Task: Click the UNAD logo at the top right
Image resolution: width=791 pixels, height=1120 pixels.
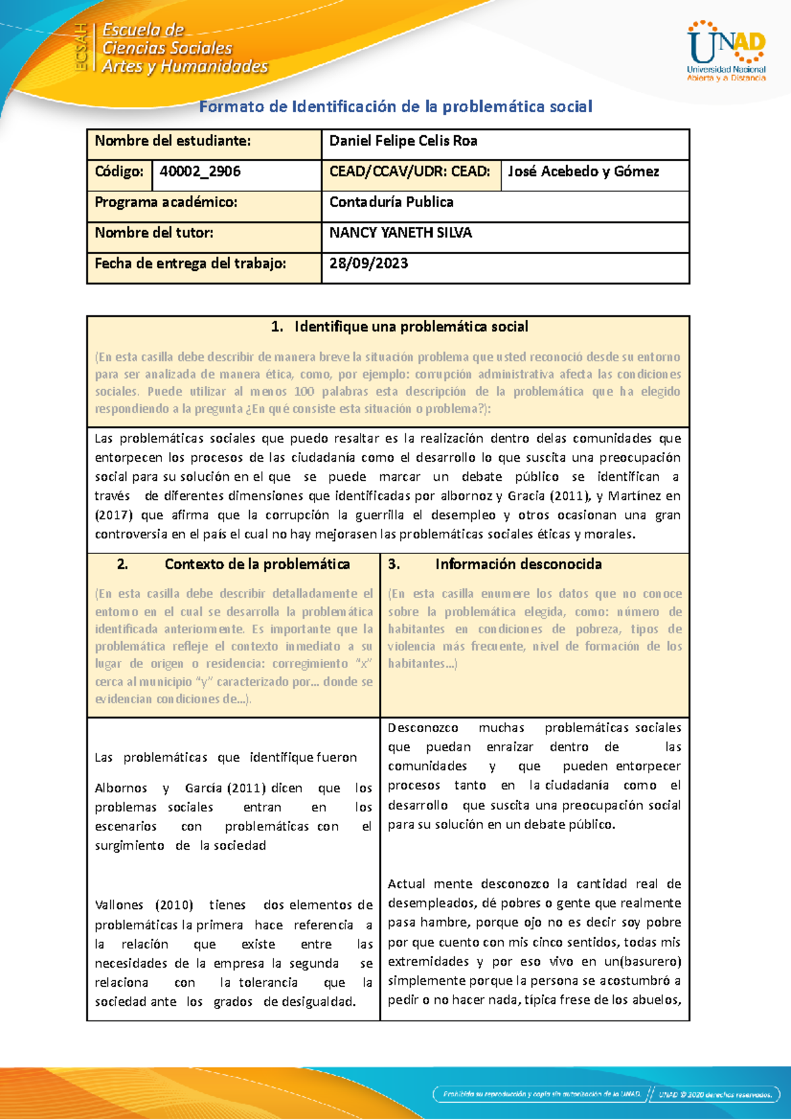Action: pos(726,51)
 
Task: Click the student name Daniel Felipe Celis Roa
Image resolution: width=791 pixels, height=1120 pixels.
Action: pos(403,141)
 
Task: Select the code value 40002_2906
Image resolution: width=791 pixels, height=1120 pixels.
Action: pos(200,171)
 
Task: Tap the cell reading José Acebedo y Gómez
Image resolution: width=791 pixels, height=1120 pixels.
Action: pos(583,171)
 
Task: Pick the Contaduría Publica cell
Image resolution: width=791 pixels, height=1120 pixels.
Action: pos(391,202)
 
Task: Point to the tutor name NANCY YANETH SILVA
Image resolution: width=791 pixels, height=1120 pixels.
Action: pos(400,233)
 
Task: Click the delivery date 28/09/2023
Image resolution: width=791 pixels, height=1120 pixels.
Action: pos(368,264)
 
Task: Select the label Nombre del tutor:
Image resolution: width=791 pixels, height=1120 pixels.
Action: pos(154,233)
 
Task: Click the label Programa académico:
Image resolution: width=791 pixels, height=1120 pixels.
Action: pos(165,202)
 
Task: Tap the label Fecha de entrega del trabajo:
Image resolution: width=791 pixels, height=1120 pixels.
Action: pos(190,264)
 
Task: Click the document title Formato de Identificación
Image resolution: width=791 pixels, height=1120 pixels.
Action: pos(395,107)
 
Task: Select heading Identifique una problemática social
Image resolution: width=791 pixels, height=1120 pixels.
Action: pos(411,327)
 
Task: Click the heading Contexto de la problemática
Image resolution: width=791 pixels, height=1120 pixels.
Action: pos(257,565)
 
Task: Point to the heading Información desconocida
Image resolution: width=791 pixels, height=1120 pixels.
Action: pos(518,565)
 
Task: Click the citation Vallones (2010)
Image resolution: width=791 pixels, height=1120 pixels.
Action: pos(144,905)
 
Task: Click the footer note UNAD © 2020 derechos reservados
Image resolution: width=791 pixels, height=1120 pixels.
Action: pos(715,1095)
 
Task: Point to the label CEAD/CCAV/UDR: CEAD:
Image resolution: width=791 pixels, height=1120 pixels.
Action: pos(409,171)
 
